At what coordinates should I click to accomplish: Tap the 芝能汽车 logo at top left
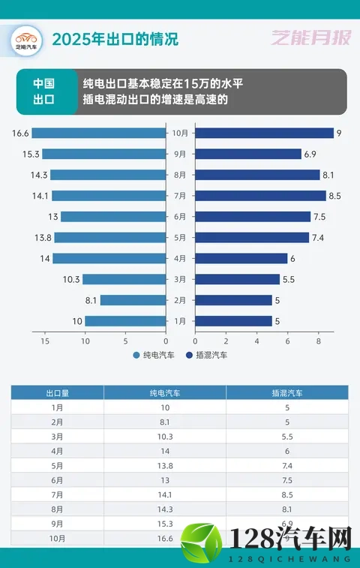pos(26,39)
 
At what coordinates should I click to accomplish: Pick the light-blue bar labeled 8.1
pos(133,300)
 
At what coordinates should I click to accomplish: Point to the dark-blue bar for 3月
pos(237,279)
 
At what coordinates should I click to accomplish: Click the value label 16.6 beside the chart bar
pos(20,133)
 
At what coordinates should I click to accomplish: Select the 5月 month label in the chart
pos(180,237)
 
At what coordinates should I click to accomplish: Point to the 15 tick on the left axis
pos(45,341)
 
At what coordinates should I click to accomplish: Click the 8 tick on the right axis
pos(319,341)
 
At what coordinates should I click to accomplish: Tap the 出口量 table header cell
pos(57,392)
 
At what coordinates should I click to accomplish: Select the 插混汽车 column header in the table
pos(286,392)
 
